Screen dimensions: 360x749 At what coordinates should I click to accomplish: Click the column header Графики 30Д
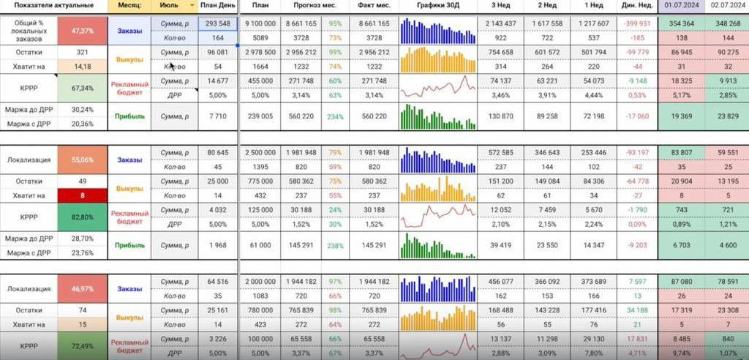point(438,5)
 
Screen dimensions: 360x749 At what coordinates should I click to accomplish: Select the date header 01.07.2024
point(680,5)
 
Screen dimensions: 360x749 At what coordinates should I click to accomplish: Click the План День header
point(218,5)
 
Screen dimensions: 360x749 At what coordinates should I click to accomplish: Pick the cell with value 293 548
point(218,24)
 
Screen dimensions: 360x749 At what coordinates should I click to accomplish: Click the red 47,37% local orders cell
point(83,31)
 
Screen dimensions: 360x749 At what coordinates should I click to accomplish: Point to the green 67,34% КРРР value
point(83,88)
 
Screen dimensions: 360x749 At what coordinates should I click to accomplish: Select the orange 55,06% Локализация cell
point(83,159)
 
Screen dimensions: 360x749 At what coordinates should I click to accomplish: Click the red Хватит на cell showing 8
point(83,195)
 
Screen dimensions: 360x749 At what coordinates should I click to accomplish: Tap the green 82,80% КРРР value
point(83,217)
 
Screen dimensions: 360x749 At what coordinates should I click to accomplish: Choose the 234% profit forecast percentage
point(336,116)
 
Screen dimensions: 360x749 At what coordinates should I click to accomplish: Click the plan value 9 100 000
point(260,24)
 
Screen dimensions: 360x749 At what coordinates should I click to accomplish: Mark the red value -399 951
point(638,24)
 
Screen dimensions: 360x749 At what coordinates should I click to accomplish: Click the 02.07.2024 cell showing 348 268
point(726,24)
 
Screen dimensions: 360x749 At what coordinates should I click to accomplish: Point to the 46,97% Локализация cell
point(83,289)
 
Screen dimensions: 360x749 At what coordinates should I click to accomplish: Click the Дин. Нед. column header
point(638,5)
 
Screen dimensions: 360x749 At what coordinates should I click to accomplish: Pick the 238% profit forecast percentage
point(336,245)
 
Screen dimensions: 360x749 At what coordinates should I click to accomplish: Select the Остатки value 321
point(83,53)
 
